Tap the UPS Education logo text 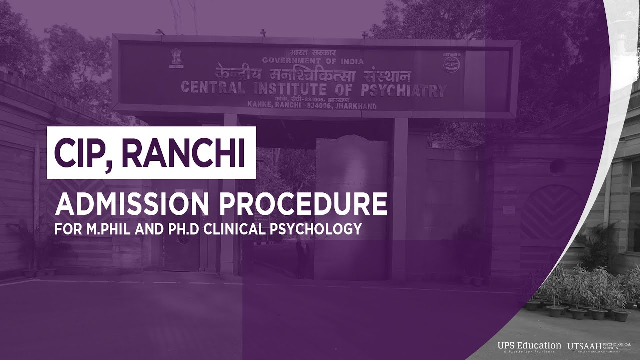tap(529, 346)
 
